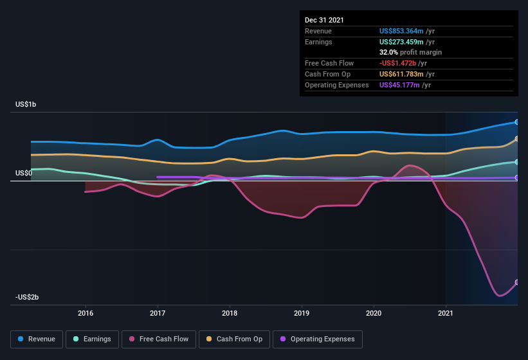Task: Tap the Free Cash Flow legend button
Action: point(159,339)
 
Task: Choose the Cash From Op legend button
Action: point(234,339)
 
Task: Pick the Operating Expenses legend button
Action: point(318,339)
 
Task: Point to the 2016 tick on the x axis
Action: point(86,314)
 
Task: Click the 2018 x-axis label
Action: point(230,314)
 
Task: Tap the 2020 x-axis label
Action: point(374,314)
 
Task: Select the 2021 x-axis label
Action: point(446,314)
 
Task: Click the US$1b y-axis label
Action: point(26,104)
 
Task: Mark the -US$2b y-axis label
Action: point(28,297)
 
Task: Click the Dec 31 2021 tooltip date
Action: point(324,20)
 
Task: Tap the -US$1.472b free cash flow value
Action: point(399,63)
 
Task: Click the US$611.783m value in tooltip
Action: point(402,74)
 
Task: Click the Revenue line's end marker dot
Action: point(517,122)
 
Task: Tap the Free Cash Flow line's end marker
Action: point(517,282)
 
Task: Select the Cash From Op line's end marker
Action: point(517,139)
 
